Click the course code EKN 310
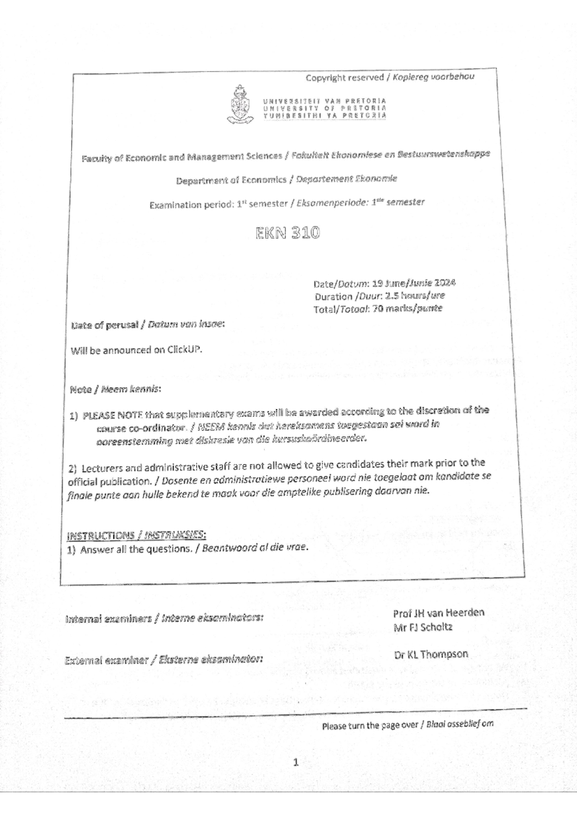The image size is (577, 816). pos(287,234)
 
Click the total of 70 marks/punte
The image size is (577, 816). pos(407,309)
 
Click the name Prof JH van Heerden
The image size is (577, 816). pos(439,613)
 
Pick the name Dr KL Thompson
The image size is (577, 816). pos(430,654)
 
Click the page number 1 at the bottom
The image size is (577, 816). pos(296,761)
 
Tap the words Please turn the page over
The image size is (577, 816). pos(370,726)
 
